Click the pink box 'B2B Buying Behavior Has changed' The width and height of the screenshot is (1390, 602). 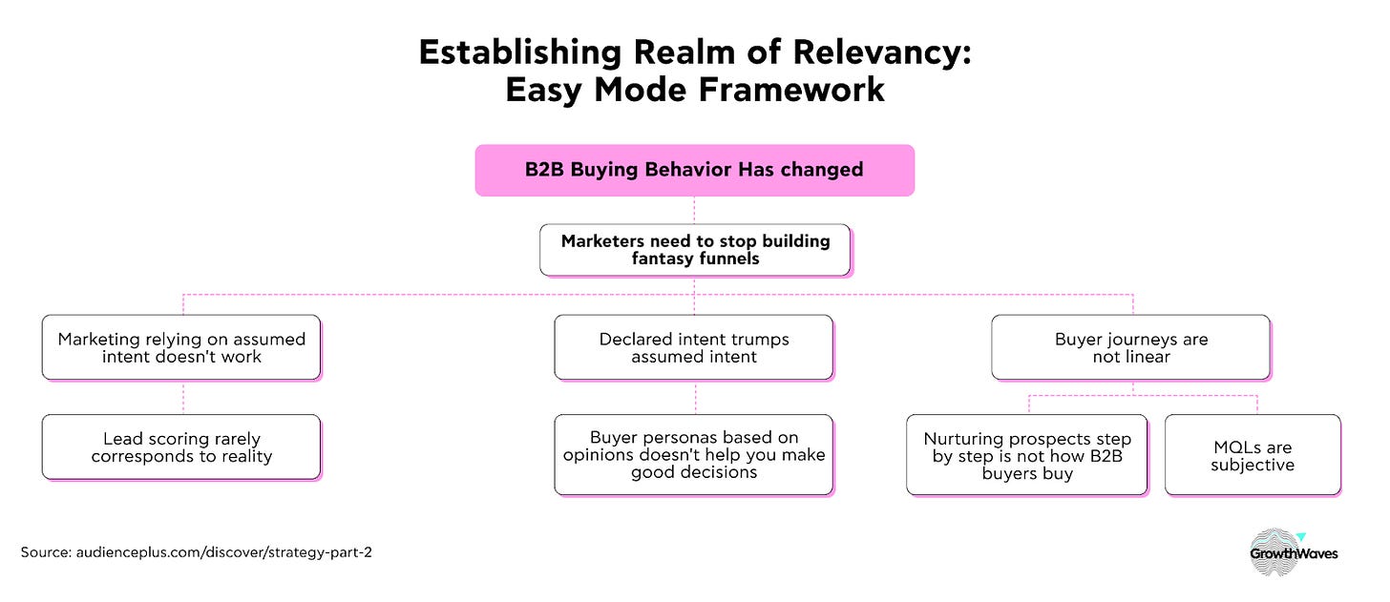click(694, 171)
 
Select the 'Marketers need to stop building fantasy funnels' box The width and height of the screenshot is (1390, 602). click(695, 250)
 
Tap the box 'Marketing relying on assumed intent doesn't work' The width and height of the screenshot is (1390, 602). click(181, 347)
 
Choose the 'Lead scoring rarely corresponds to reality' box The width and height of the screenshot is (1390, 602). click(181, 447)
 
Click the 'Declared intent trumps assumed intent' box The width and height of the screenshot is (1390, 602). click(694, 347)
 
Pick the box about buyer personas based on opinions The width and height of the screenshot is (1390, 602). click(694, 455)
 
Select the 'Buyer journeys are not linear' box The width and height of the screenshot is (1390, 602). click(1131, 347)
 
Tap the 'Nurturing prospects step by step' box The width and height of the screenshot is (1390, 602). click(1027, 455)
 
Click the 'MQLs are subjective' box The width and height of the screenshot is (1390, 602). click(1253, 455)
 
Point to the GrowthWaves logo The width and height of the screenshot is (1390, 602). click(1294, 552)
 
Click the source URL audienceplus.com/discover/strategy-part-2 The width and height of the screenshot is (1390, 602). click(224, 552)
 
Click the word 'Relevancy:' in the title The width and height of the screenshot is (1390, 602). click(882, 52)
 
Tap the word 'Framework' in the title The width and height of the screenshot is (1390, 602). click(791, 90)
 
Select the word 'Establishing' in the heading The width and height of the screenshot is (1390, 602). click(520, 52)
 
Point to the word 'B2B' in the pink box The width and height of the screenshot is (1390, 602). click(544, 169)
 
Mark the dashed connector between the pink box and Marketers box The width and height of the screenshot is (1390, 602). click(694, 210)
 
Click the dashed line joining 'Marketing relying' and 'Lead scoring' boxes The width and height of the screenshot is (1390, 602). click(183, 398)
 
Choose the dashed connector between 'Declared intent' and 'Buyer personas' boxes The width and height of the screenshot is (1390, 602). click(696, 398)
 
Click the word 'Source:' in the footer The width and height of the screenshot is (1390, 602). click(46, 552)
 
